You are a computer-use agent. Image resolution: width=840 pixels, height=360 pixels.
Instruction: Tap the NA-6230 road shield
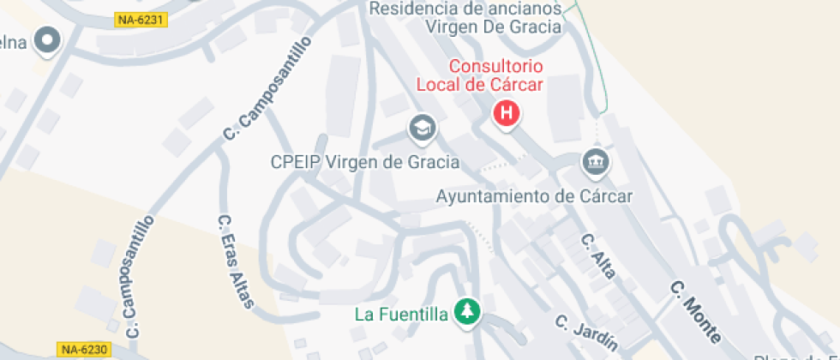point(85,349)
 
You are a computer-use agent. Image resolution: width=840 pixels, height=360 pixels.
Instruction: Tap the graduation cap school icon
point(422,129)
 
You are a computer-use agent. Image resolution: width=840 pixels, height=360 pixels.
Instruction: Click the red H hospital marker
point(507,112)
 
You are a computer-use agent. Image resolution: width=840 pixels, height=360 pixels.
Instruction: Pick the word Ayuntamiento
point(493,196)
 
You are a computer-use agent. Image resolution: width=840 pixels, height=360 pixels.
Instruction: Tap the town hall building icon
point(594,161)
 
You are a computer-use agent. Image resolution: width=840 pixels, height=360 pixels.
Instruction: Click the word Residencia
point(408,9)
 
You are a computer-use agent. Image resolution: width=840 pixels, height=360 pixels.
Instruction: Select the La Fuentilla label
point(401,314)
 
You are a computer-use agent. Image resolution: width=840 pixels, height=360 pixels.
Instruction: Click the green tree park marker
point(467,312)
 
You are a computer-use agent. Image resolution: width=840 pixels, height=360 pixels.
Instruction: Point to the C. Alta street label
point(598,256)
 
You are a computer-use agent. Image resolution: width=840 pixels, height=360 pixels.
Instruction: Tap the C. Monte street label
point(696,311)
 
